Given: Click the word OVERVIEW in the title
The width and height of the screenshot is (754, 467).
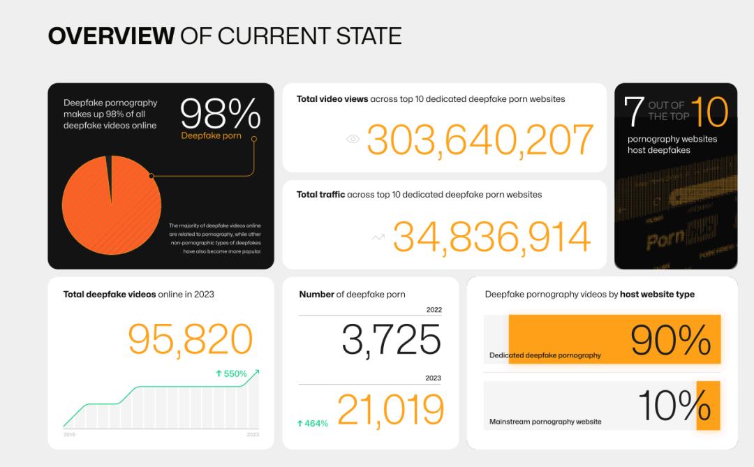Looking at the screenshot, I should [110, 36].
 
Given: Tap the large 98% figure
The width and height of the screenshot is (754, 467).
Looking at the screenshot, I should [220, 114].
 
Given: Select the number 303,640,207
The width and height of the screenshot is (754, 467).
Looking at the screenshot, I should [480, 140].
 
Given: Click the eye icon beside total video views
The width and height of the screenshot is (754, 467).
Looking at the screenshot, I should [353, 139].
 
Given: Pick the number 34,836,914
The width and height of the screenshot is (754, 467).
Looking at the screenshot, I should [491, 237].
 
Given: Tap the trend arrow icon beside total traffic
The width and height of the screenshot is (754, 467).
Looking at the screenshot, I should [378, 237].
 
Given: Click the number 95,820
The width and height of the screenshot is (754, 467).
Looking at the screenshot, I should [190, 339].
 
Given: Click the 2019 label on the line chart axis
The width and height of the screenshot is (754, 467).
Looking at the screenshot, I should [69, 435].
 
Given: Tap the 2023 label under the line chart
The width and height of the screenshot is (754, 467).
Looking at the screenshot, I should [252, 435].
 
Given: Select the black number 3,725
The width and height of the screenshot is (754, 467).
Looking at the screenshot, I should [391, 340].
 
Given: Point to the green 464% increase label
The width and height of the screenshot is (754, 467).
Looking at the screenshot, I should [312, 423].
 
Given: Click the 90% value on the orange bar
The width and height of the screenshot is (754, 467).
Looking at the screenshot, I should [670, 340].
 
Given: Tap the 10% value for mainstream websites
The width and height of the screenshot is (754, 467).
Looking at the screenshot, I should [674, 406].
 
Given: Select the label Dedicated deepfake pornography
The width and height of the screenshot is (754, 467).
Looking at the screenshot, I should [545, 355].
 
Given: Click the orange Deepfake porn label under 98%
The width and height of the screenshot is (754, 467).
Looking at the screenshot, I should [211, 135].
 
